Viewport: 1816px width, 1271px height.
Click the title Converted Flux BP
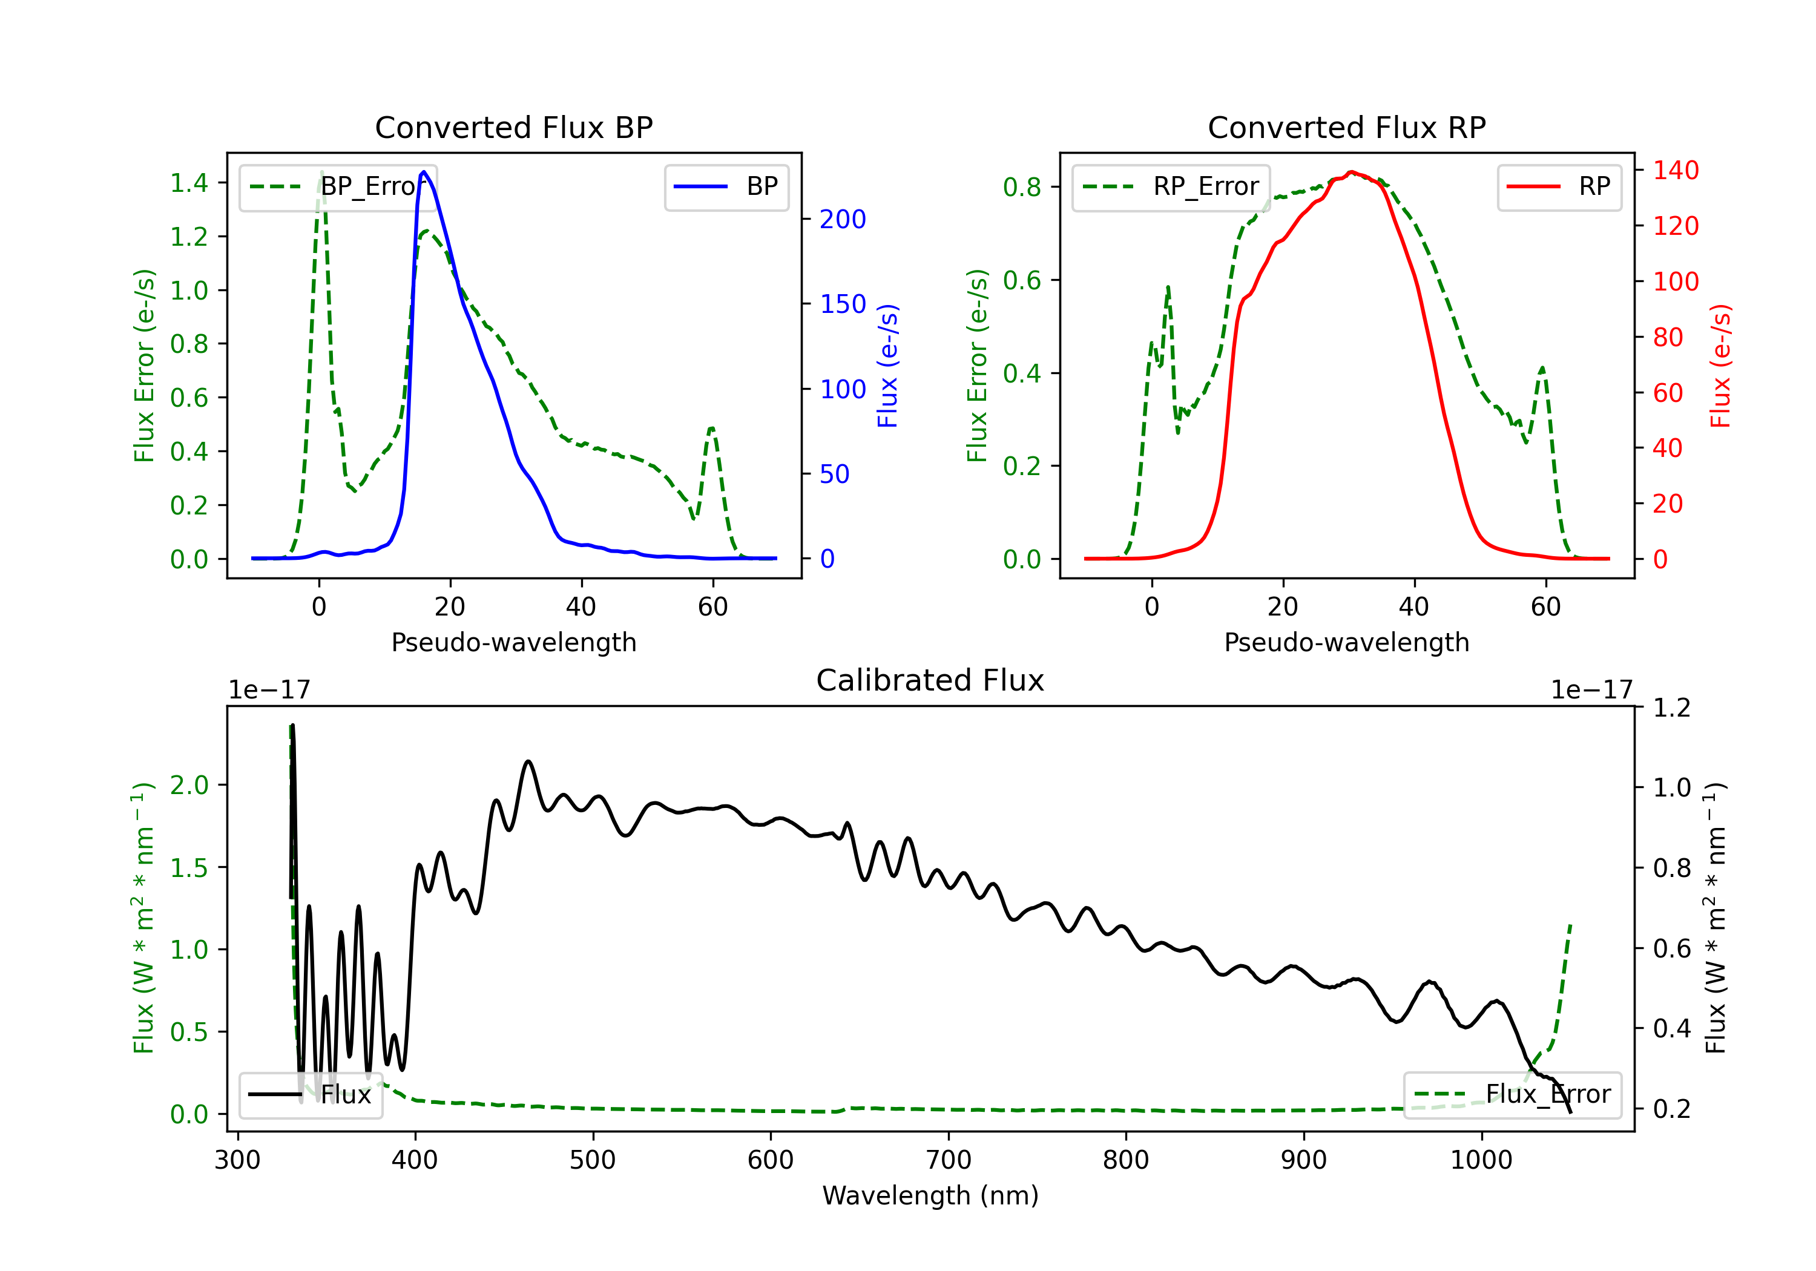tap(513, 127)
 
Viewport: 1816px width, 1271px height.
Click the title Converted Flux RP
tap(1346, 127)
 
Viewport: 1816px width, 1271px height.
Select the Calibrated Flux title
tap(930, 680)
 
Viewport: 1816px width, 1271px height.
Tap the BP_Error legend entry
tap(338, 186)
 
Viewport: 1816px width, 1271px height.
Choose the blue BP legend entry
tap(726, 186)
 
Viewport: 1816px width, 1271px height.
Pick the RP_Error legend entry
tap(1171, 186)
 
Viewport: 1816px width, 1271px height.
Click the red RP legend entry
tap(1559, 186)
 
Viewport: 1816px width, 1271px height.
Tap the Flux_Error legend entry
tap(1512, 1095)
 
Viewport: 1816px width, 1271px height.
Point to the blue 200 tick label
tap(843, 219)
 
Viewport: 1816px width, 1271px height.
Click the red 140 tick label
tap(1676, 170)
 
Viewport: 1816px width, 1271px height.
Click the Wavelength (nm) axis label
tap(930, 1196)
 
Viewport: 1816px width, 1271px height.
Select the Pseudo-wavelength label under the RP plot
tap(1346, 642)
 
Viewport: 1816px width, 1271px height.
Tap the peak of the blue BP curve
tap(424, 172)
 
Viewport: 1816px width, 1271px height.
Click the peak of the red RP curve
tap(1352, 172)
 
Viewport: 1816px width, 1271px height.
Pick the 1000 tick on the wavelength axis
tap(1481, 1160)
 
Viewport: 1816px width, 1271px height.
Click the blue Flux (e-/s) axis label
tap(887, 366)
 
